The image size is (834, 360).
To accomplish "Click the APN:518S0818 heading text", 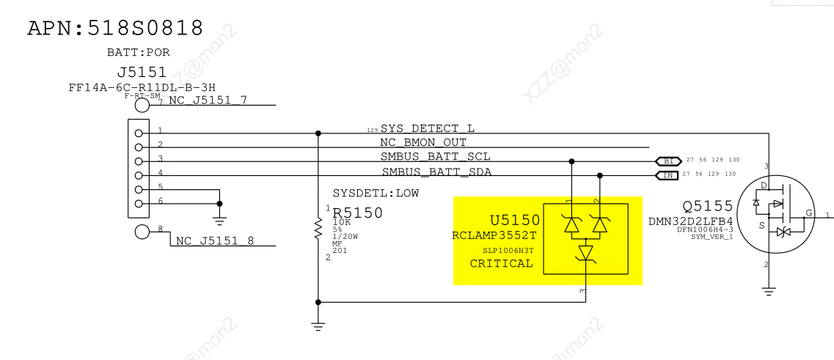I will pyautogui.click(x=115, y=29).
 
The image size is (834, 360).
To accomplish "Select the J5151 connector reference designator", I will pyautogui.click(x=142, y=73).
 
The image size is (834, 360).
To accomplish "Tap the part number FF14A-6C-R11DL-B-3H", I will pyautogui.click(x=142, y=87).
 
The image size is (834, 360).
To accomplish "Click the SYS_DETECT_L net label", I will pyautogui.click(x=427, y=128).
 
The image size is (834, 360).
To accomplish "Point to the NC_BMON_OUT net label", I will pyautogui.click(x=423, y=142).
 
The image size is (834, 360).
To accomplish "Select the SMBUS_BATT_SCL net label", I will pyautogui.click(x=435, y=157).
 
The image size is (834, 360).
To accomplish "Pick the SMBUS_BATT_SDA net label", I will pyautogui.click(x=436, y=172).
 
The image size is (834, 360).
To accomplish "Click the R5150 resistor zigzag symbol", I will pyautogui.click(x=318, y=228).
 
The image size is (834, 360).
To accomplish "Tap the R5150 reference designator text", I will pyautogui.click(x=358, y=213).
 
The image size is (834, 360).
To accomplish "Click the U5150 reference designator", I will pyautogui.click(x=515, y=220).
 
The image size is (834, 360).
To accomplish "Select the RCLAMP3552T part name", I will pyautogui.click(x=494, y=235).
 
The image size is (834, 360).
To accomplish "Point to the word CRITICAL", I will pyautogui.click(x=502, y=263).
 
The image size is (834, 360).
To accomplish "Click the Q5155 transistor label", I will pyautogui.click(x=708, y=206).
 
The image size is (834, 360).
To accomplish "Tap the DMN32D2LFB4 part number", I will pyautogui.click(x=691, y=221).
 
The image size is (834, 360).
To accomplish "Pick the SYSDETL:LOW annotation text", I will pyautogui.click(x=376, y=194).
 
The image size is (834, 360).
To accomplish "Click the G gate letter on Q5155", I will pyautogui.click(x=808, y=213).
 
